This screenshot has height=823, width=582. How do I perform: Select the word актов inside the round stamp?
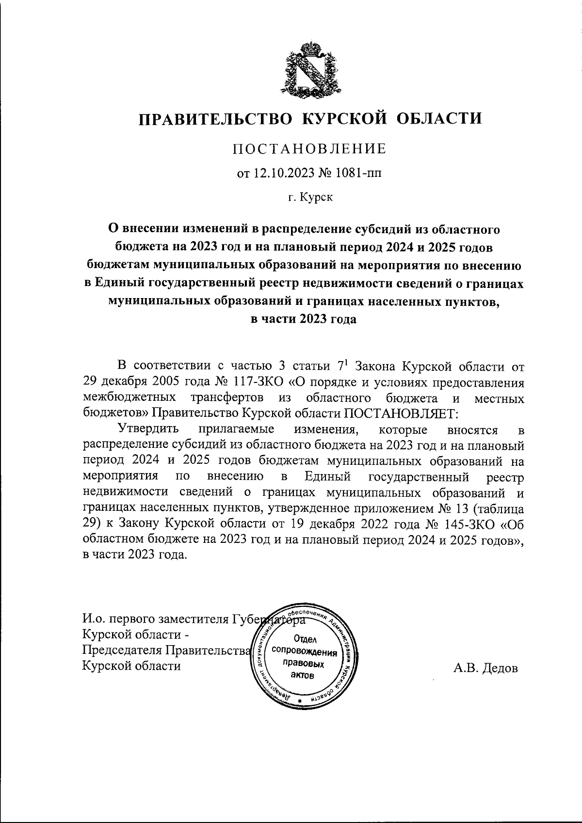[302, 675]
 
